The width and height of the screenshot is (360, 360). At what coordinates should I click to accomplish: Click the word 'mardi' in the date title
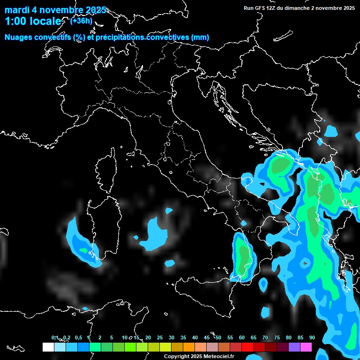point(16,10)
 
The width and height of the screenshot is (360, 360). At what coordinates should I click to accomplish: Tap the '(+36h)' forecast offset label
point(81,21)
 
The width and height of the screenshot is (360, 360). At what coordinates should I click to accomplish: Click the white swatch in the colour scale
point(48,347)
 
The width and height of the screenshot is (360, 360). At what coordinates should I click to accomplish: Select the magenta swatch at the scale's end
point(306,347)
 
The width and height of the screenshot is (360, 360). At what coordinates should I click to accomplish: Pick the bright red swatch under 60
point(247,347)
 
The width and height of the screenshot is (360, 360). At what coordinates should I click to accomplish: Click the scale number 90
point(312,337)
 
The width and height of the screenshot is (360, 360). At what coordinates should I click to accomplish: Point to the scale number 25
point(160,337)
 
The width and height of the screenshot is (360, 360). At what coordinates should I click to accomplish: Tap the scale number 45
point(207,337)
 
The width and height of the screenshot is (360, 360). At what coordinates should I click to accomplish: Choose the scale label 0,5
point(78,337)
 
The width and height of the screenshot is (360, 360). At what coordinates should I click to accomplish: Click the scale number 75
point(277,337)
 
